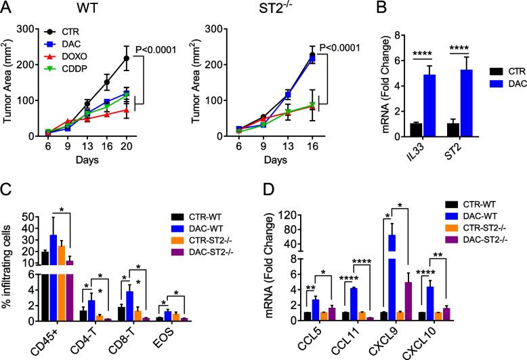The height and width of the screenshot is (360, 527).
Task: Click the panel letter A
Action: [7, 8]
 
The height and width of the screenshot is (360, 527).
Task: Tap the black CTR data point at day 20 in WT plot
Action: [126, 58]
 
